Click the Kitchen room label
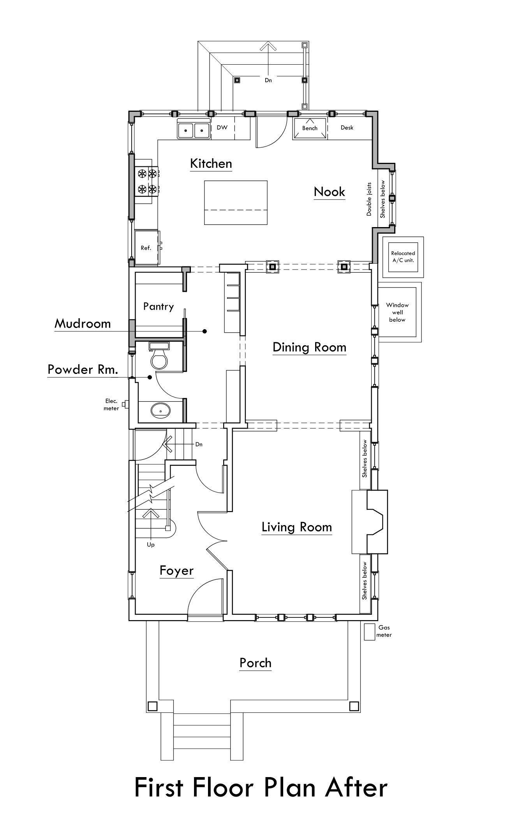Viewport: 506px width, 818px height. [211, 164]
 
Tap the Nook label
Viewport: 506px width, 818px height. [330, 192]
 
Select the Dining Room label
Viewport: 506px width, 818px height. [309, 347]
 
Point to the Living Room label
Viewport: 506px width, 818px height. [297, 527]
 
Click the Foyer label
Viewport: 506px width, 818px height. [176, 571]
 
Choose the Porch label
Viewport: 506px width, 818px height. [256, 663]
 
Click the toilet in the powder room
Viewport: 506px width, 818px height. [159, 355]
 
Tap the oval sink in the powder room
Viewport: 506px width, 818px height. [160, 411]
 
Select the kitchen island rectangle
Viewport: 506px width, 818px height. [236, 203]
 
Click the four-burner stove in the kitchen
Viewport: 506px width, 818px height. [146, 182]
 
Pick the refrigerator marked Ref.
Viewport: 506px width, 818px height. [148, 247]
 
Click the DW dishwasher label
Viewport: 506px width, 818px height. [222, 127]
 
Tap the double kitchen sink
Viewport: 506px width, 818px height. [194, 129]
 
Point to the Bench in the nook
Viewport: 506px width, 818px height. [310, 128]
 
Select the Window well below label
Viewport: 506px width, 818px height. [397, 312]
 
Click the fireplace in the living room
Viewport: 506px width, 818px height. [370, 522]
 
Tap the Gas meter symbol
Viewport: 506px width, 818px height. [369, 632]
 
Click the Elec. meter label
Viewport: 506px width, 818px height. [111, 404]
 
